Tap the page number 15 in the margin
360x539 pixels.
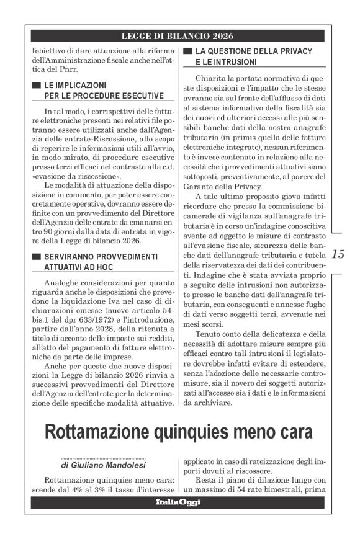pos(339,254)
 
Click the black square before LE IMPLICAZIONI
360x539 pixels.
pos(36,84)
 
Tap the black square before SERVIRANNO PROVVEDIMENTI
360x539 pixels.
pos(36,256)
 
